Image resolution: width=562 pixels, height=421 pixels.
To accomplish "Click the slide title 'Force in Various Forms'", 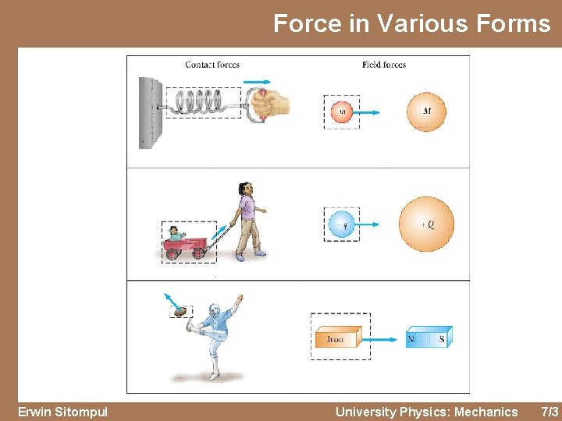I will pos(411,23).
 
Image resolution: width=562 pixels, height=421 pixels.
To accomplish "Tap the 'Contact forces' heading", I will pos(212,65).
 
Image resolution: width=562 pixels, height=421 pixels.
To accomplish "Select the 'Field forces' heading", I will pos(384,65).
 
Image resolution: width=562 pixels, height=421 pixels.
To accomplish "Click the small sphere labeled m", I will pos(342,111).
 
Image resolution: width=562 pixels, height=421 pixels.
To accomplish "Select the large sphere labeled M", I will pos(425,111).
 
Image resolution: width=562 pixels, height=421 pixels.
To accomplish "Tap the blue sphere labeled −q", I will pos(341,225).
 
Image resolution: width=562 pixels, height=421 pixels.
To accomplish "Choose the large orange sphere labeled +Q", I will pos(426,225).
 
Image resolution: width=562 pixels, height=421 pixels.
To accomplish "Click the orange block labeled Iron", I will pos(336,338).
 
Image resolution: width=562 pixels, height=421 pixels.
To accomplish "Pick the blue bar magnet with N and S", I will pos(428,338).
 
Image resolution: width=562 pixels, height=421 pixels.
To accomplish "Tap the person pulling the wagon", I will pos(248,220).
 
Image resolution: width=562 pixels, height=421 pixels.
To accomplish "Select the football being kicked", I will pos(181,311).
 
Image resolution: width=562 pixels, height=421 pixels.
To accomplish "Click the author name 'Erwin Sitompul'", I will pos(62,412).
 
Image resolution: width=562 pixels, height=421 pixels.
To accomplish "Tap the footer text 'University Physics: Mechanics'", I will pos(426,412).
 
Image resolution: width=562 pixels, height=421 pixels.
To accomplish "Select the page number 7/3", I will pos(550,412).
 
